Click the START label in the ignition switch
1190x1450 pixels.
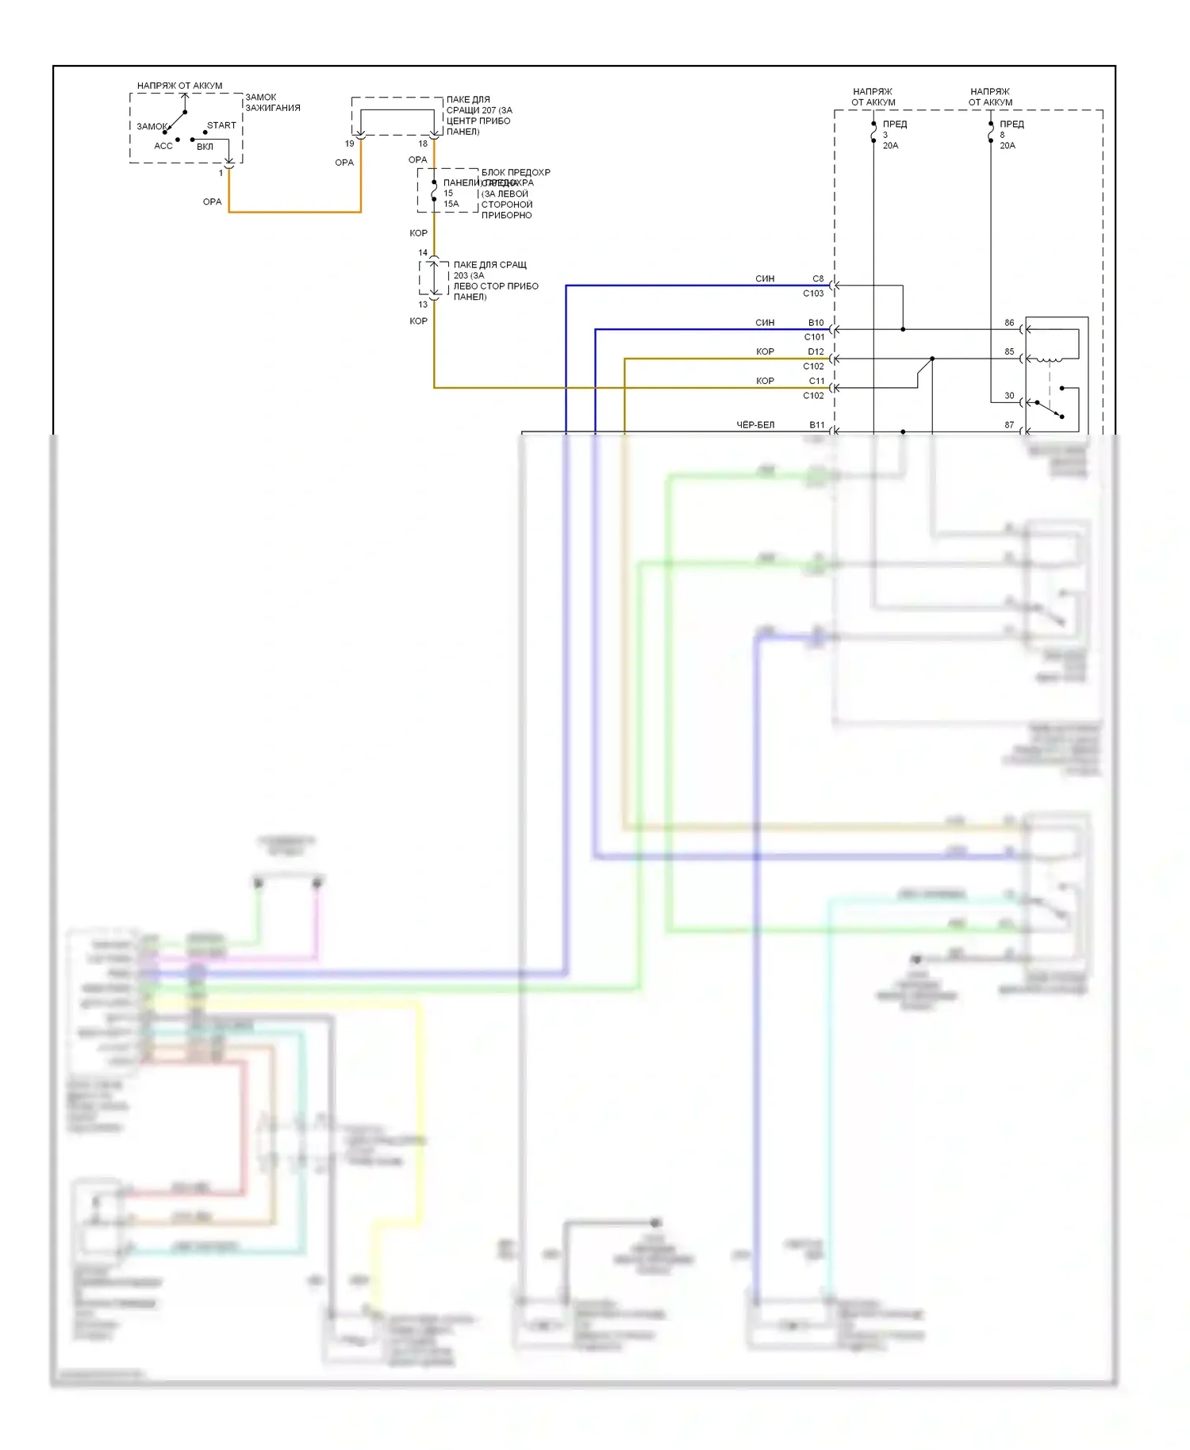pyautogui.click(x=221, y=125)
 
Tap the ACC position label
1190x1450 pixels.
pyautogui.click(x=163, y=146)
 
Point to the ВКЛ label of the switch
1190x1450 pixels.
pyautogui.click(x=205, y=147)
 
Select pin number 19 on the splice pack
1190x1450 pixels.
pyautogui.click(x=349, y=144)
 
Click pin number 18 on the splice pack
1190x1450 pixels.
pyautogui.click(x=423, y=144)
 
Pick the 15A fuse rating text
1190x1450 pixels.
pyautogui.click(x=451, y=204)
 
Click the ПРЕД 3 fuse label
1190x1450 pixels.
pyautogui.click(x=894, y=125)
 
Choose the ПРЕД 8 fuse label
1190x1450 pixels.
pyautogui.click(x=1011, y=125)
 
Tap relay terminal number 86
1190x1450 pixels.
pyautogui.click(x=1009, y=323)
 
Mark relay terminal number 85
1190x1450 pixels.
pyautogui.click(x=1009, y=351)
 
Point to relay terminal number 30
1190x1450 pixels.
pyautogui.click(x=1009, y=395)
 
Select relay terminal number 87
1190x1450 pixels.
pyautogui.click(x=1009, y=425)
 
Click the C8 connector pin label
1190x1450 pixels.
pyautogui.click(x=818, y=278)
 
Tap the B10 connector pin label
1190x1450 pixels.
pyautogui.click(x=816, y=323)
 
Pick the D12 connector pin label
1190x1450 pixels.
pyautogui.click(x=816, y=351)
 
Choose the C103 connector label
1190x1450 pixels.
pyautogui.click(x=813, y=293)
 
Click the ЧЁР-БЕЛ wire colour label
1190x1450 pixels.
pyautogui.click(x=755, y=425)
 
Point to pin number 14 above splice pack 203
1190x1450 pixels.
pyautogui.click(x=423, y=253)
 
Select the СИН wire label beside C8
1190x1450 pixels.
pyautogui.click(x=765, y=278)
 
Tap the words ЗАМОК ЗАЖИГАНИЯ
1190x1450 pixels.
pyautogui.click(x=272, y=102)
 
